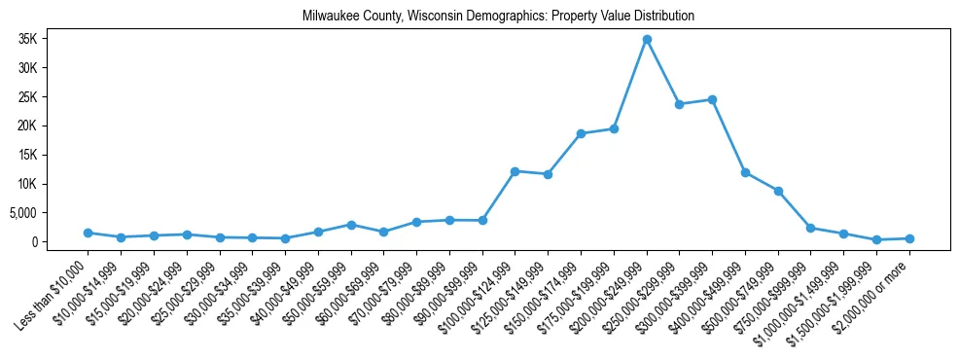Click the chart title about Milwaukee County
[498, 16]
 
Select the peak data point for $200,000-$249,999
[647, 39]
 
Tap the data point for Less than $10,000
[88, 233]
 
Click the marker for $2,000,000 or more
[909, 238]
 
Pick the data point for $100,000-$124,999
[515, 171]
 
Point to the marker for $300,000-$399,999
[712, 99]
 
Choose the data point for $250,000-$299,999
[680, 104]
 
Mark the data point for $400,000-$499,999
[745, 172]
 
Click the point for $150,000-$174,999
[581, 133]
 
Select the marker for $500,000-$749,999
[778, 191]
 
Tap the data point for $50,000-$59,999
[351, 225]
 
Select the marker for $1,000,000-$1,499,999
[844, 234]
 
